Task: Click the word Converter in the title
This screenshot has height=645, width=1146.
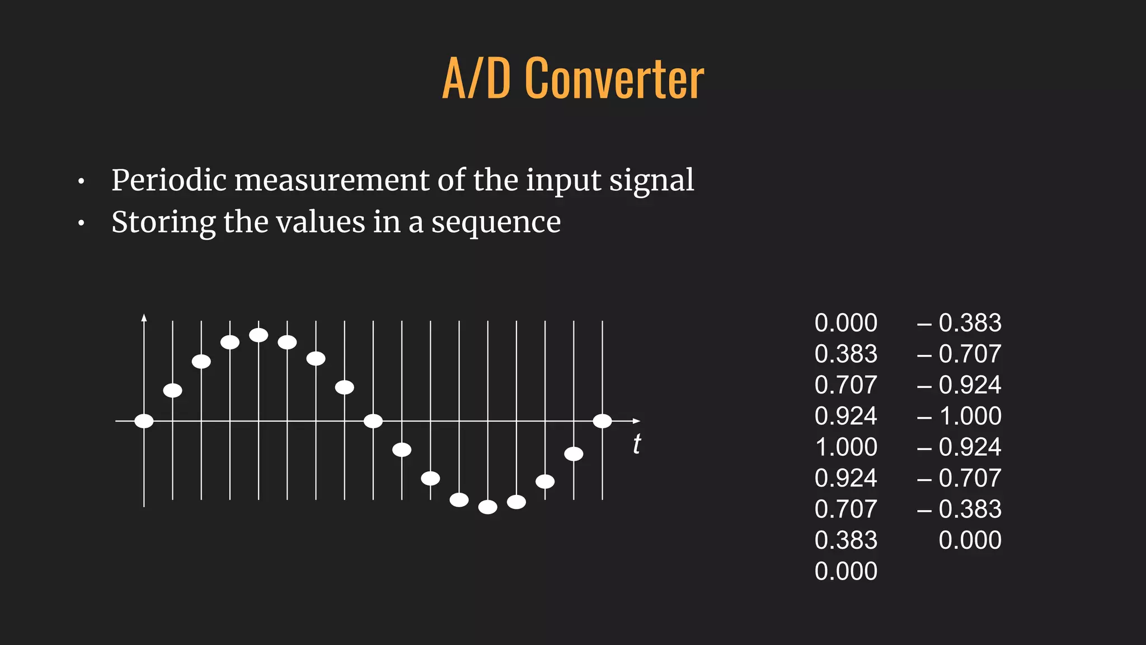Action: point(614,79)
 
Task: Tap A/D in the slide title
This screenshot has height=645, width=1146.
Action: point(476,79)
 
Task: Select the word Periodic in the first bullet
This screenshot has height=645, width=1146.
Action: point(168,181)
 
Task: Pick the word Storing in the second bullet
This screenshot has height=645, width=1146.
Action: point(163,223)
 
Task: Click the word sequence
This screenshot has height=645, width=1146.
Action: point(496,223)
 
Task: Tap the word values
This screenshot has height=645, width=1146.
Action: point(320,222)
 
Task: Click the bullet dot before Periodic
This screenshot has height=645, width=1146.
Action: point(82,182)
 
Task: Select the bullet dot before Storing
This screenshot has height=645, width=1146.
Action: point(82,224)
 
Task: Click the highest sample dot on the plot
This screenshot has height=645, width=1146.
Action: point(259,335)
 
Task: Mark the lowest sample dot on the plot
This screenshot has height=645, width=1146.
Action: point(488,507)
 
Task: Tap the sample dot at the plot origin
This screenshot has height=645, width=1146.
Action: point(144,421)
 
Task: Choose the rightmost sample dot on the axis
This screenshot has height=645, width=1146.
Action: point(602,421)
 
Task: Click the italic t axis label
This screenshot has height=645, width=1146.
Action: point(637,445)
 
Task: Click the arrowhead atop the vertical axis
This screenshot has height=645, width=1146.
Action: point(144,318)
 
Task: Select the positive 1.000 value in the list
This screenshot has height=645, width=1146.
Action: point(846,447)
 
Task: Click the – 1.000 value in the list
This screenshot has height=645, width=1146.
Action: point(959,416)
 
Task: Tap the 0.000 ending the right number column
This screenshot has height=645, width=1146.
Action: point(970,540)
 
